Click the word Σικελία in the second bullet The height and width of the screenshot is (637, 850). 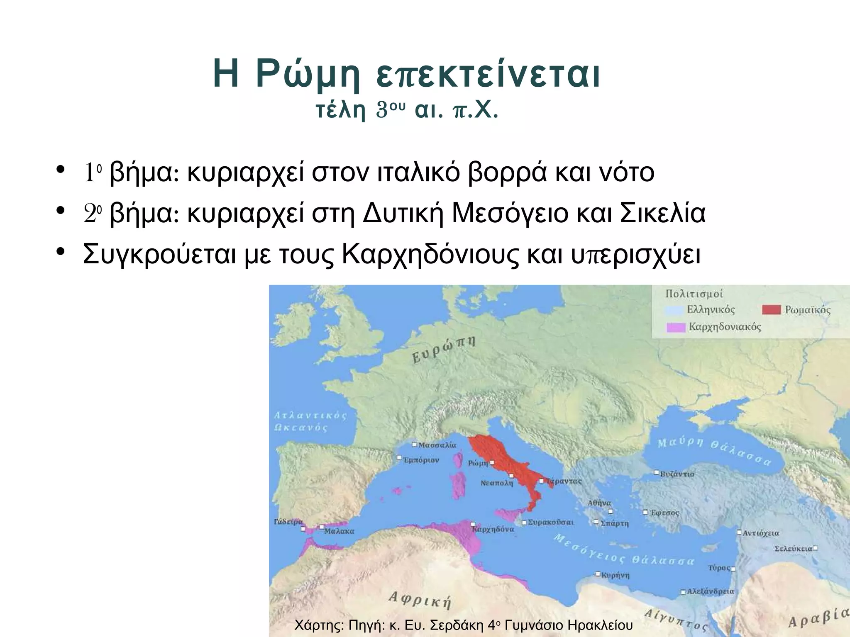(663, 213)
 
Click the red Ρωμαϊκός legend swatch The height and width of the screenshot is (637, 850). (772, 310)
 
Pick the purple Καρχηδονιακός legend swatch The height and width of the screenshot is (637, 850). (676, 327)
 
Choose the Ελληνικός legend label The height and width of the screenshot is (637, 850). (711, 310)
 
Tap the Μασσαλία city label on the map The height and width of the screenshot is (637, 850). (437, 445)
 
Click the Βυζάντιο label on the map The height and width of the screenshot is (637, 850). (677, 474)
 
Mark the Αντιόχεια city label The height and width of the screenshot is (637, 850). (760, 533)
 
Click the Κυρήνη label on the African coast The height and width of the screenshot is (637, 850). (616, 576)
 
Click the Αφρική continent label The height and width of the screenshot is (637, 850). (420, 600)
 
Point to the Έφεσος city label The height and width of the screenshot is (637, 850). (664, 513)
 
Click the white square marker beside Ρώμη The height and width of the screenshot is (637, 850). (492, 462)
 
